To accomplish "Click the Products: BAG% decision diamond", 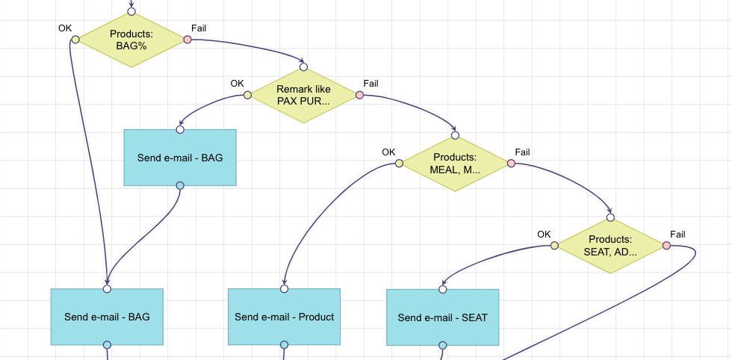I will coord(131,40).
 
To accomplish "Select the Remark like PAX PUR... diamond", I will coord(303,95).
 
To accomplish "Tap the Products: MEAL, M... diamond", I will coord(455,163).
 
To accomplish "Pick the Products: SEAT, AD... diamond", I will coord(610,245).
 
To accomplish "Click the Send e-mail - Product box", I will coord(284,317).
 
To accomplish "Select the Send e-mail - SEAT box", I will coord(442,317).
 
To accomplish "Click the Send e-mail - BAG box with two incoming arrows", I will coord(107,317).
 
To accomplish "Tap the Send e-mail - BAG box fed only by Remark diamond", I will coord(180,158).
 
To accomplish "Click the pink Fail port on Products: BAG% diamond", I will coord(187,40).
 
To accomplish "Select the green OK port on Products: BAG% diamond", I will coord(75,40).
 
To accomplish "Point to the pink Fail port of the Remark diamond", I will coord(359,95).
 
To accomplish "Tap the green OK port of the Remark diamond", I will coord(247,95).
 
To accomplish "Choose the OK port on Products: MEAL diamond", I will coord(399,163).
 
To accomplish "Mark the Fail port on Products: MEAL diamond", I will coord(511,163).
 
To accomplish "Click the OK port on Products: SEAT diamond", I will coord(554,245).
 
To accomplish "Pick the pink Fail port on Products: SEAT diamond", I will coord(666,245).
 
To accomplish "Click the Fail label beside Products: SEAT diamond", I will coord(677,235).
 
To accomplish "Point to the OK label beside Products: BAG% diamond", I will coord(65,28).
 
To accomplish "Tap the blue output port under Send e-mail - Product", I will coord(284,345).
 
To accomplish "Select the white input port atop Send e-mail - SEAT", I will coord(442,289).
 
